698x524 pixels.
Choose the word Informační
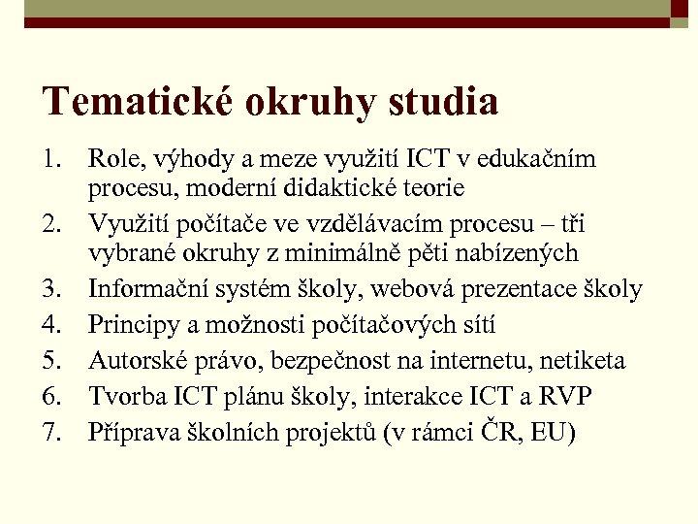click(x=152, y=289)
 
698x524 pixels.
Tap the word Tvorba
click(x=122, y=396)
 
